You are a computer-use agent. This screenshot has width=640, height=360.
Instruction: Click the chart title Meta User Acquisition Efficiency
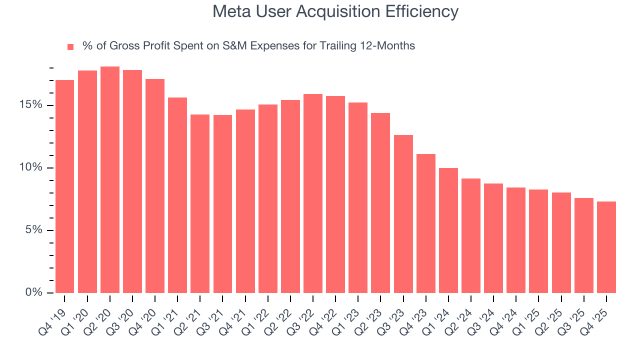[335, 11]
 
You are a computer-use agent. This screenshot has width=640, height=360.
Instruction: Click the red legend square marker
[70, 46]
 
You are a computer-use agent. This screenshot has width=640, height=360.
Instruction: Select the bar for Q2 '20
[110, 180]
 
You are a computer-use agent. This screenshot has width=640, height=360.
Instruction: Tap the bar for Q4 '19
[64, 186]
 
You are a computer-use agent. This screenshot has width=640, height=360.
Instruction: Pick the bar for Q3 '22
[313, 193]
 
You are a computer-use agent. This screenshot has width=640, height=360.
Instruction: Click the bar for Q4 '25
[606, 247]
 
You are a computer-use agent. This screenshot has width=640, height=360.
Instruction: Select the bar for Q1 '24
[448, 230]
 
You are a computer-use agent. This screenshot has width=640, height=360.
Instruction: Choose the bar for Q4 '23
[426, 223]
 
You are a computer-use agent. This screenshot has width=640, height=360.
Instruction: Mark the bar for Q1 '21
[177, 195]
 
